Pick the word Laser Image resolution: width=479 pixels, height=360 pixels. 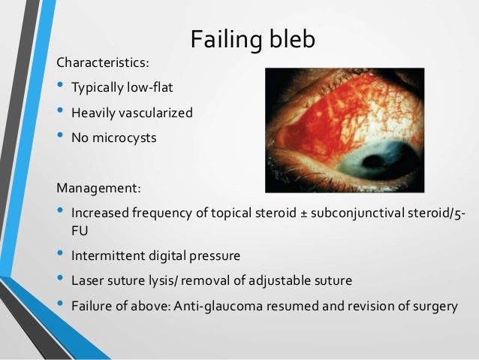coord(86,280)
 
